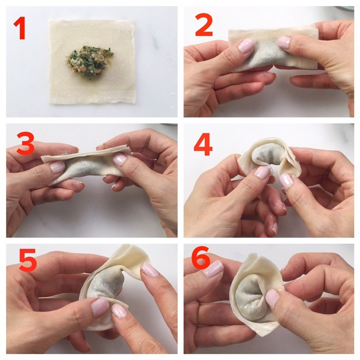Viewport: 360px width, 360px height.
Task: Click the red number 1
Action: pyautogui.click(x=20, y=28)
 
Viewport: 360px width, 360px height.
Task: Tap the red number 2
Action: pyautogui.click(x=204, y=25)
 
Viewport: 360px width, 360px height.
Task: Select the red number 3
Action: pyautogui.click(x=25, y=143)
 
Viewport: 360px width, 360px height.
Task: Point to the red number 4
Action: pyautogui.click(x=203, y=144)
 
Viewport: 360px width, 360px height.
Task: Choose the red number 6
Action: pyautogui.click(x=201, y=258)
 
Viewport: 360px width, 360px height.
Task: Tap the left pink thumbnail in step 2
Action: pyautogui.click(x=246, y=45)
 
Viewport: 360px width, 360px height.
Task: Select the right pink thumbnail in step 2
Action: pyautogui.click(x=284, y=42)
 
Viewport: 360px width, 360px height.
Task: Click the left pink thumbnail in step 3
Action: pyautogui.click(x=58, y=167)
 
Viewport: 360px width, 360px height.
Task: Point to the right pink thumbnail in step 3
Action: pyautogui.click(x=120, y=159)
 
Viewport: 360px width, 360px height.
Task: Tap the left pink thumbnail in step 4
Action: pyautogui.click(x=262, y=172)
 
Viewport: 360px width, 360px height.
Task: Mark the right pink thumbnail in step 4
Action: pyautogui.click(x=287, y=181)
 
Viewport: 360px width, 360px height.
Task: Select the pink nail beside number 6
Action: pyautogui.click(x=213, y=269)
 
